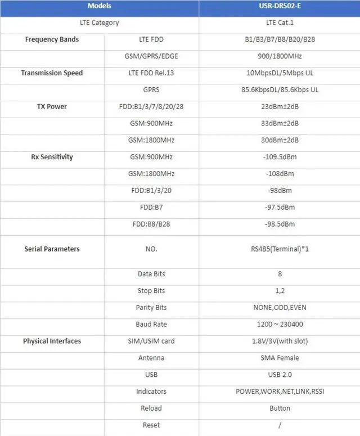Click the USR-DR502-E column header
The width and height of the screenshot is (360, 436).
pyautogui.click(x=280, y=6)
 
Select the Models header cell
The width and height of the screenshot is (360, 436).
pyautogui.click(x=100, y=6)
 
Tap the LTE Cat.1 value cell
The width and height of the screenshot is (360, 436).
pyautogui.click(x=280, y=23)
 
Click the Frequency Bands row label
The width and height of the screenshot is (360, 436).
pyautogui.click(x=52, y=39)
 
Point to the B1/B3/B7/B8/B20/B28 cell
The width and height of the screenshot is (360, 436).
pyautogui.click(x=280, y=39)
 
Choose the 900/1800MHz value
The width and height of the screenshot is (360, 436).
pyautogui.click(x=280, y=56)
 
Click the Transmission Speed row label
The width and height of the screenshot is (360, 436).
pyautogui.click(x=52, y=73)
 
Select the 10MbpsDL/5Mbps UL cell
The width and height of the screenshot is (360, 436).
pyautogui.click(x=280, y=73)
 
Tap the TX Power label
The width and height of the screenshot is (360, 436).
pyautogui.click(x=52, y=107)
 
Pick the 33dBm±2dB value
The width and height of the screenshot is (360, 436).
pyautogui.click(x=280, y=124)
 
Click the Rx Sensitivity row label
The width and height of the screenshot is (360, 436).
pyautogui.click(x=52, y=157)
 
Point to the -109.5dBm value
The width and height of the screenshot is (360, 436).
pyautogui.click(x=280, y=157)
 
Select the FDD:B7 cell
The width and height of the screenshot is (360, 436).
pyautogui.click(x=151, y=208)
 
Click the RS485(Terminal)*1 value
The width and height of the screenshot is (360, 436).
pyautogui.click(x=280, y=249)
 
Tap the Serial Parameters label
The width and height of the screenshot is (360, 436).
pyautogui.click(x=52, y=249)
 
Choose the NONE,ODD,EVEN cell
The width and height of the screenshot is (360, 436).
pyautogui.click(x=280, y=308)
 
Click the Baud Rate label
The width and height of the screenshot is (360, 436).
pyautogui.click(x=151, y=325)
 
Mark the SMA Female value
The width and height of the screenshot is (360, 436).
pyautogui.click(x=280, y=358)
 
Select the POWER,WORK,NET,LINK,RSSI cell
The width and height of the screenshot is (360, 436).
pyautogui.click(x=280, y=392)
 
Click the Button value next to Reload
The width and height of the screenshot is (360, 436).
pyautogui.click(x=280, y=408)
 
